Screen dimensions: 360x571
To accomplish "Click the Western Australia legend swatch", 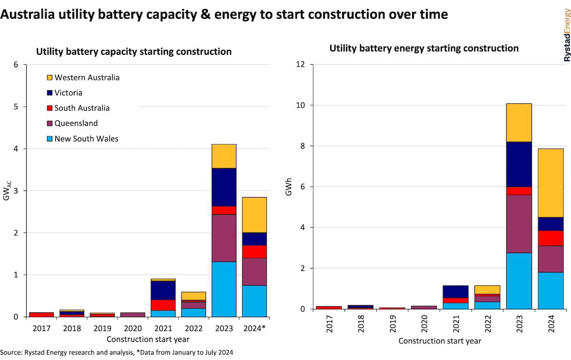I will (49, 77).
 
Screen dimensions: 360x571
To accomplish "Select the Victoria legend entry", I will (68, 92).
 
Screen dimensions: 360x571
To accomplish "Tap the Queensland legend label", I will (76, 123).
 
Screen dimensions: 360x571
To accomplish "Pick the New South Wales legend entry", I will (86, 139).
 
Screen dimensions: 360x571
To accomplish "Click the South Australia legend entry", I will (82, 108).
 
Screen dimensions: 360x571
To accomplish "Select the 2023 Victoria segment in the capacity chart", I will (224, 187).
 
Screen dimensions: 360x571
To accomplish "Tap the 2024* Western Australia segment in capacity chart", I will (254, 215).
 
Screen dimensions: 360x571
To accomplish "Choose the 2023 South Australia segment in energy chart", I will (519, 191).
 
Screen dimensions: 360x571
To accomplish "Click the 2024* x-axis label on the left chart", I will (255, 329).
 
